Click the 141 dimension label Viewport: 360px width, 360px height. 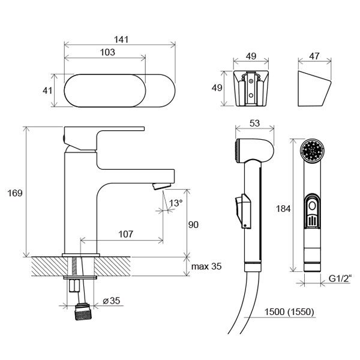pos(121,40)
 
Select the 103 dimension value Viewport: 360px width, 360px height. pos(107,52)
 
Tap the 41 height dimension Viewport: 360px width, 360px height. pos(47,91)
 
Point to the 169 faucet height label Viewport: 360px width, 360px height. pos(15,193)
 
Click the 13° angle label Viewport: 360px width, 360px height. pos(176,203)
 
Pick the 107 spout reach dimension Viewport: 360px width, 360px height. pos(125,234)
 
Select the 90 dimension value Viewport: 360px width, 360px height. pos(193,225)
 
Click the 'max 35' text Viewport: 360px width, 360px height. pos(206,266)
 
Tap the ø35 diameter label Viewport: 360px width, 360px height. pos(112,301)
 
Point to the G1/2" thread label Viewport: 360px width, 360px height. pos(340,279)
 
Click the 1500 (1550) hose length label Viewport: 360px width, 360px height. pos(289,312)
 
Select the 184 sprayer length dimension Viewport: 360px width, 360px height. pos(283,209)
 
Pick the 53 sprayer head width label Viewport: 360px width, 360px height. pos(254,124)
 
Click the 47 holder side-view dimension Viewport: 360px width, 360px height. pos(314,56)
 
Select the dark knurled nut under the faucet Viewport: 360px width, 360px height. pos(83,311)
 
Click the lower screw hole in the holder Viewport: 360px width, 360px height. pos(251,95)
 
